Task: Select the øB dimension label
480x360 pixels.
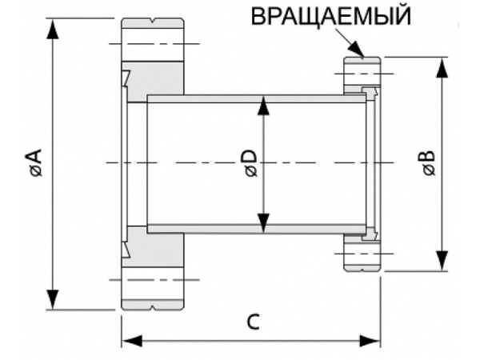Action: (429, 163)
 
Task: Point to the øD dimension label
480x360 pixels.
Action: (250, 163)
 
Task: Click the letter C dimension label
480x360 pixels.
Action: (252, 322)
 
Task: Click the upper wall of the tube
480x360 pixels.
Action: (256, 98)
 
